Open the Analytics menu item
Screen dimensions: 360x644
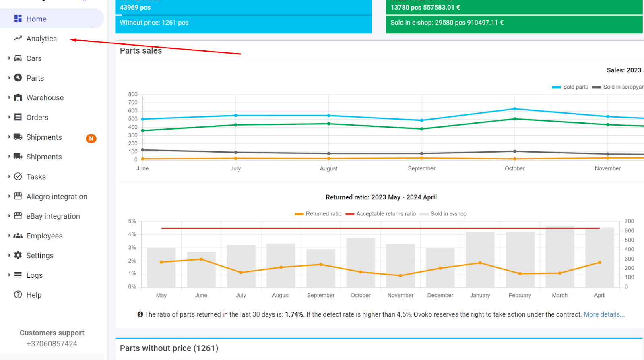tap(41, 39)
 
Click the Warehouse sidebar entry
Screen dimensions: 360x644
tap(45, 98)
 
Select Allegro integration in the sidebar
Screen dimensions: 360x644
tap(56, 197)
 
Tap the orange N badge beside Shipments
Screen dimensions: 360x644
tap(91, 139)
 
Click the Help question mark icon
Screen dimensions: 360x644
tap(18, 295)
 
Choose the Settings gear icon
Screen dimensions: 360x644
tap(18, 255)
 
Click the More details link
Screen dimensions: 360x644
tap(604, 314)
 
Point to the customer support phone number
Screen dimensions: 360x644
tap(52, 344)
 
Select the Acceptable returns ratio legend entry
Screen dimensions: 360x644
tap(386, 214)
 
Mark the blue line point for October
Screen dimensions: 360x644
tap(514, 109)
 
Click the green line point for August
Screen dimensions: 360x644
tap(329, 124)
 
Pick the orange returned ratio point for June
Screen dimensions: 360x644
tap(201, 259)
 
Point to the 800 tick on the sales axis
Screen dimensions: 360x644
tap(133, 94)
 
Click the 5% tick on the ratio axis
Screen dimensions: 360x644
tap(132, 221)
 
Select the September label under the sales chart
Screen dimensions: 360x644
tap(421, 168)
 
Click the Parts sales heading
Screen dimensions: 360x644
tap(141, 51)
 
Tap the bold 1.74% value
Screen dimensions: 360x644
tap(294, 314)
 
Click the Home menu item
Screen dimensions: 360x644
tap(36, 19)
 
